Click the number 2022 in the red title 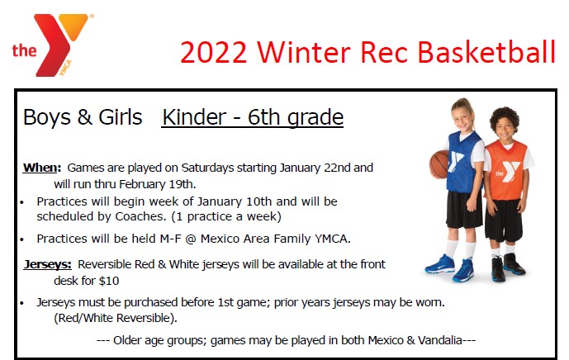coord(213,53)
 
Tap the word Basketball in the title coord(486,52)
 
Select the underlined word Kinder coord(194,117)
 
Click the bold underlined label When coord(40,168)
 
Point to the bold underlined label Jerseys coord(46,264)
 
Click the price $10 coord(110,281)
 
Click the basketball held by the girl coord(439,164)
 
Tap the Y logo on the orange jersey coord(508,172)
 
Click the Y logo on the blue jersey coord(455,161)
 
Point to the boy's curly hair coord(505,117)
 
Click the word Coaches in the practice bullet coord(139,216)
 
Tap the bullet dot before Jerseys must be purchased coord(22,303)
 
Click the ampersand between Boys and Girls coord(84,117)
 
